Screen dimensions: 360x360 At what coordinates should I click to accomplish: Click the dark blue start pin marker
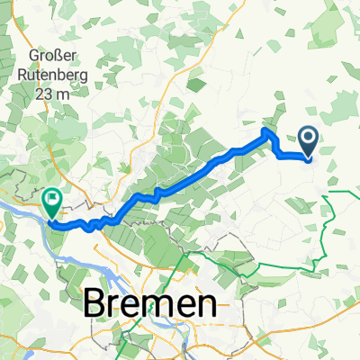point(308,140)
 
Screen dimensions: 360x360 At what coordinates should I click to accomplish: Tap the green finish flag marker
point(51,201)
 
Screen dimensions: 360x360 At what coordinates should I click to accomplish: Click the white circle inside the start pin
point(308,138)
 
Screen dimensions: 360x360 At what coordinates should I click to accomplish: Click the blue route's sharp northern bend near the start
point(266,132)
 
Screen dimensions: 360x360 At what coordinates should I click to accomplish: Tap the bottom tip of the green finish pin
point(52,216)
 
